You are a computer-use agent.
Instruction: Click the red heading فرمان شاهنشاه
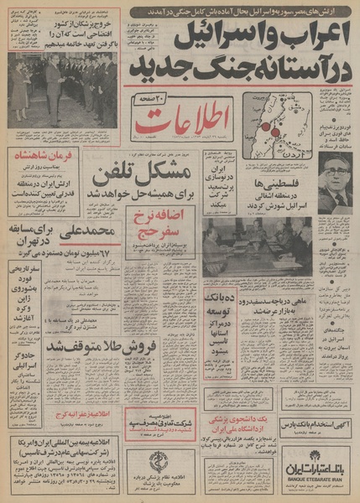pos(39,158)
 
